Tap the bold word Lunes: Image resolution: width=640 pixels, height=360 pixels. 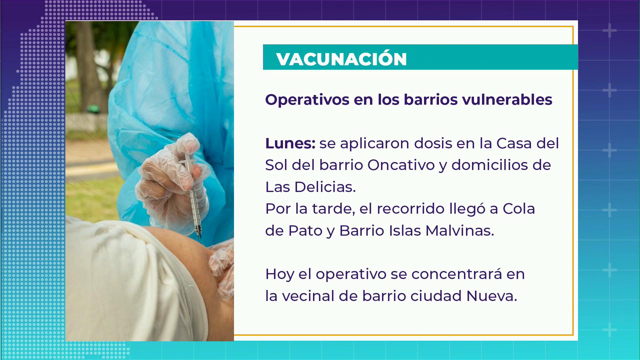click(290, 143)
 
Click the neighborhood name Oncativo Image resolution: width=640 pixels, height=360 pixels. click(401, 165)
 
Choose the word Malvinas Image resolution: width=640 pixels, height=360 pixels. click(460, 230)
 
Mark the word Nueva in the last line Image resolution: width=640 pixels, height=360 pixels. click(492, 296)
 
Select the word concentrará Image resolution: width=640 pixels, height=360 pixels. click(457, 274)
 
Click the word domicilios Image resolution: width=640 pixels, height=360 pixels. click(490, 165)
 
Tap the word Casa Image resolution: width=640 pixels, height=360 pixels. click(514, 143)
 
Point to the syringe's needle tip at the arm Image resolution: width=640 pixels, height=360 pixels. click(200, 238)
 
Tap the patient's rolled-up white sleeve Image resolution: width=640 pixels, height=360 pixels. click(133, 283)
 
